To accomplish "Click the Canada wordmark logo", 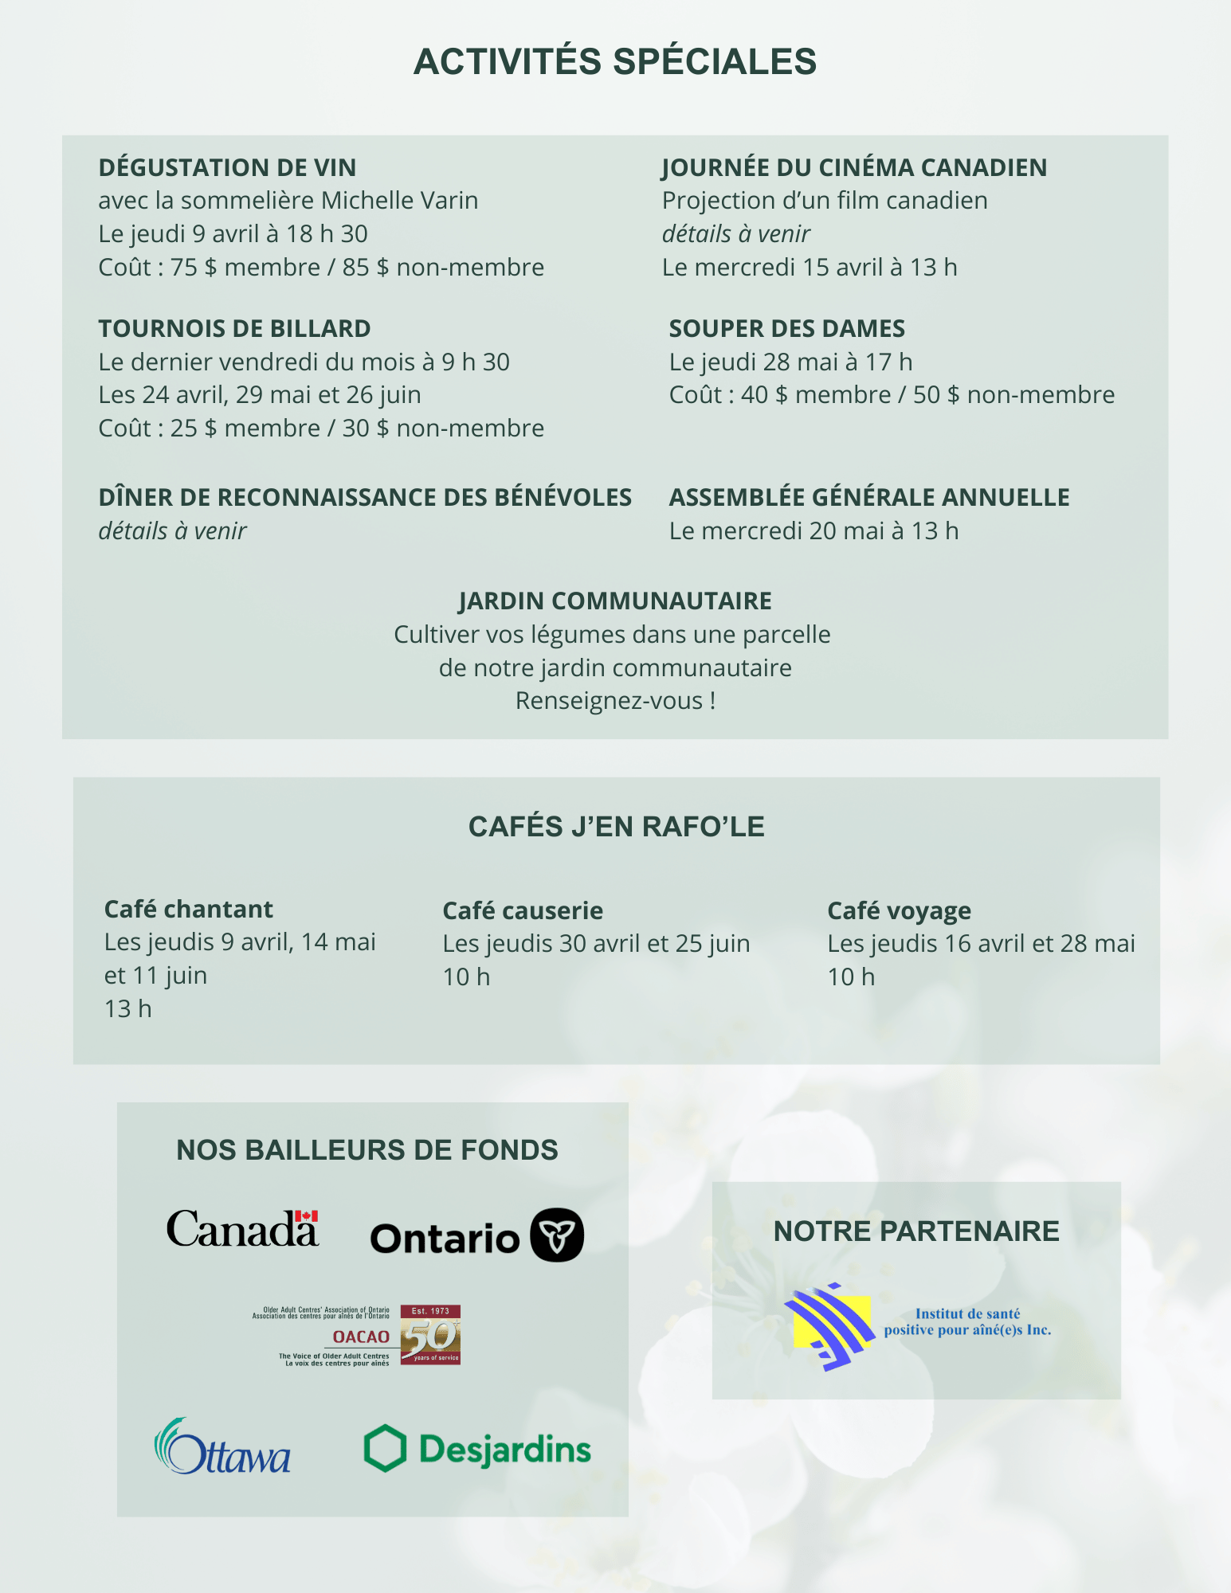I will pyautogui.click(x=241, y=1229).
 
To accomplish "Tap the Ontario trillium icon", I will pyautogui.click(x=557, y=1235).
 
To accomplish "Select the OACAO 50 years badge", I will pyautogui.click(x=430, y=1335).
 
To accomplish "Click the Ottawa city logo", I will pyautogui.click(x=222, y=1447).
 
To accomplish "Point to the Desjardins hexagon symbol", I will pyautogui.click(x=385, y=1448).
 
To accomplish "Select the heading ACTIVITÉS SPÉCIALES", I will pyautogui.click(x=615, y=62).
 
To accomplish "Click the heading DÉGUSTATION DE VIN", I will pyautogui.click(x=227, y=167).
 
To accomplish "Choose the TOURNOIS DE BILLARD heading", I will pyautogui.click(x=234, y=328).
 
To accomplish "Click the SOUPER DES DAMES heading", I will pyautogui.click(x=786, y=328).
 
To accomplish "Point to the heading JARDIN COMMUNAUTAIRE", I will pyautogui.click(x=615, y=601).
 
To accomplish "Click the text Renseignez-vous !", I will pyautogui.click(x=615, y=701).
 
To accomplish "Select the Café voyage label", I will pyautogui.click(x=899, y=910).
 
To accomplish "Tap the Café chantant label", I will pyautogui.click(x=188, y=909).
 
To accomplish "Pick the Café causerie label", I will pyautogui.click(x=523, y=910).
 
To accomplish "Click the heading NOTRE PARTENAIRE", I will pyautogui.click(x=916, y=1231).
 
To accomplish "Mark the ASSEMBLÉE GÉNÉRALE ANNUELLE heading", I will pyautogui.click(x=869, y=497).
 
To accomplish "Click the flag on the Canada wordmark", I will pyautogui.click(x=307, y=1216).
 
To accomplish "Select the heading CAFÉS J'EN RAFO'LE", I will pyautogui.click(x=616, y=827).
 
